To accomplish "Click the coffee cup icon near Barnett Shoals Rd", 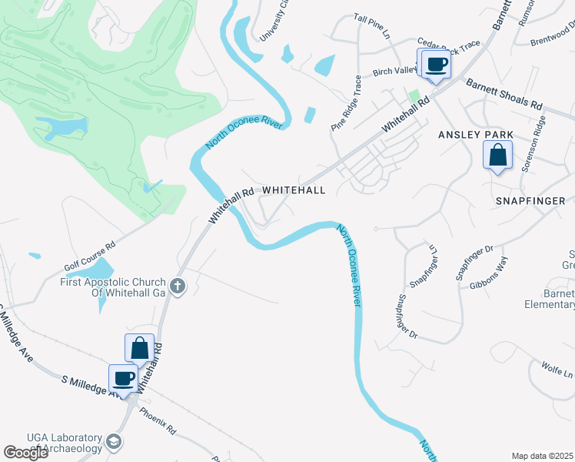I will tap(436, 64).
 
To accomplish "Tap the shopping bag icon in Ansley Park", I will tap(498, 155).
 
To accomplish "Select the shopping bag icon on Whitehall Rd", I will tap(140, 348).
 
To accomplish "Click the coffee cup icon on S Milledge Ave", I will tap(123, 378).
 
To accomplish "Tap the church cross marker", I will tap(178, 287).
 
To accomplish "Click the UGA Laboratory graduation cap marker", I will tap(114, 441).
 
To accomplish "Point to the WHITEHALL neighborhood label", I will tap(294, 189).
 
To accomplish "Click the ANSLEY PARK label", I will tap(475, 135).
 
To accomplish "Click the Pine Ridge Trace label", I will tap(346, 102).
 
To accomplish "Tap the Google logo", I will tap(26, 453).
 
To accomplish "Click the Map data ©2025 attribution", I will tap(542, 456).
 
